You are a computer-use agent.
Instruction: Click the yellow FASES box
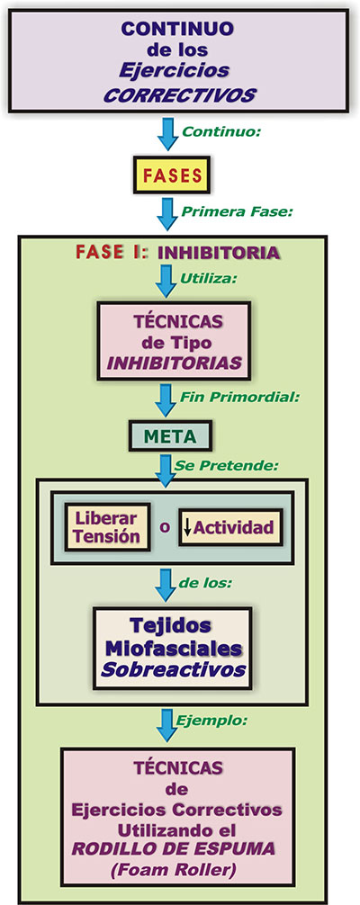[x=171, y=175]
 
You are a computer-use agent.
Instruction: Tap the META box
[x=170, y=436]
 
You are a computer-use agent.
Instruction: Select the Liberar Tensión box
[x=107, y=526]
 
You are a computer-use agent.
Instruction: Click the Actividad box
[x=230, y=527]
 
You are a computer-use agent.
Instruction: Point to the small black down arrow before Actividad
[x=187, y=527]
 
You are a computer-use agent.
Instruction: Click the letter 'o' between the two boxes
[x=165, y=527]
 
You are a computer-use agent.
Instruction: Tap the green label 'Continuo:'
[x=221, y=131]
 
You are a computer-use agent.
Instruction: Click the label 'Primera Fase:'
[x=237, y=211]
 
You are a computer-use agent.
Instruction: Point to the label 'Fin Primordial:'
[x=239, y=397]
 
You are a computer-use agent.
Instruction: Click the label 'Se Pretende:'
[x=229, y=464]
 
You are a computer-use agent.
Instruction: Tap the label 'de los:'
[x=206, y=583]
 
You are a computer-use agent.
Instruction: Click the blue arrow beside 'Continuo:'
[x=168, y=134]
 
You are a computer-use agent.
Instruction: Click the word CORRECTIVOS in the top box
[x=179, y=94]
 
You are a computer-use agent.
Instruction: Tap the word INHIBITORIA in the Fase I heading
[x=219, y=253]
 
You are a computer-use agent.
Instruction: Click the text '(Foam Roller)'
[x=178, y=868]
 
